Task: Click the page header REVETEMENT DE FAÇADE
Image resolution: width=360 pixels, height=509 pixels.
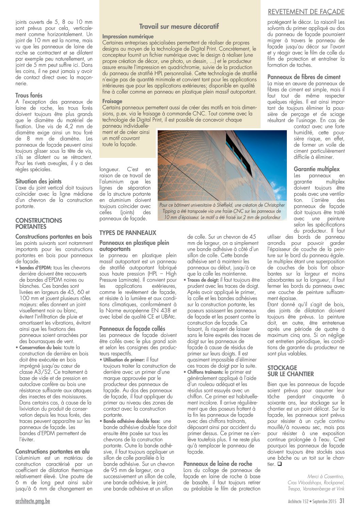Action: tap(306, 12)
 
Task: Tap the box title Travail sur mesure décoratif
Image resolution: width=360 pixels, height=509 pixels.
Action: tap(179, 26)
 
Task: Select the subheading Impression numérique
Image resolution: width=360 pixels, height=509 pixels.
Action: tap(128, 36)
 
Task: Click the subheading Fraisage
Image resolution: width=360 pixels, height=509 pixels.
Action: tap(112, 101)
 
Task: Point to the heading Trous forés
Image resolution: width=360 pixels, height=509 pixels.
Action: tap(29, 96)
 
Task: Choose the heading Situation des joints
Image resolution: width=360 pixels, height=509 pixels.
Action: tap(38, 181)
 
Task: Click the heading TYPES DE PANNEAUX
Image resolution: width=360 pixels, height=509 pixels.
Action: tap(128, 233)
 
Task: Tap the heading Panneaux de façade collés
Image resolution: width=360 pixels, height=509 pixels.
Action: tap(132, 329)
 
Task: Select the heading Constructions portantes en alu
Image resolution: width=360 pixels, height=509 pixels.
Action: tap(52, 451)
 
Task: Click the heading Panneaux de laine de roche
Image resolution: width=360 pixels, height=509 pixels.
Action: tap(218, 463)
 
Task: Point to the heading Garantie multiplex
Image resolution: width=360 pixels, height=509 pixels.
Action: tap(317, 169)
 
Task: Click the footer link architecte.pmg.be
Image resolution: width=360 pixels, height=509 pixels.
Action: tap(33, 501)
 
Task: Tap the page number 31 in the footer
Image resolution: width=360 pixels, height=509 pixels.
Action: tap(342, 500)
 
